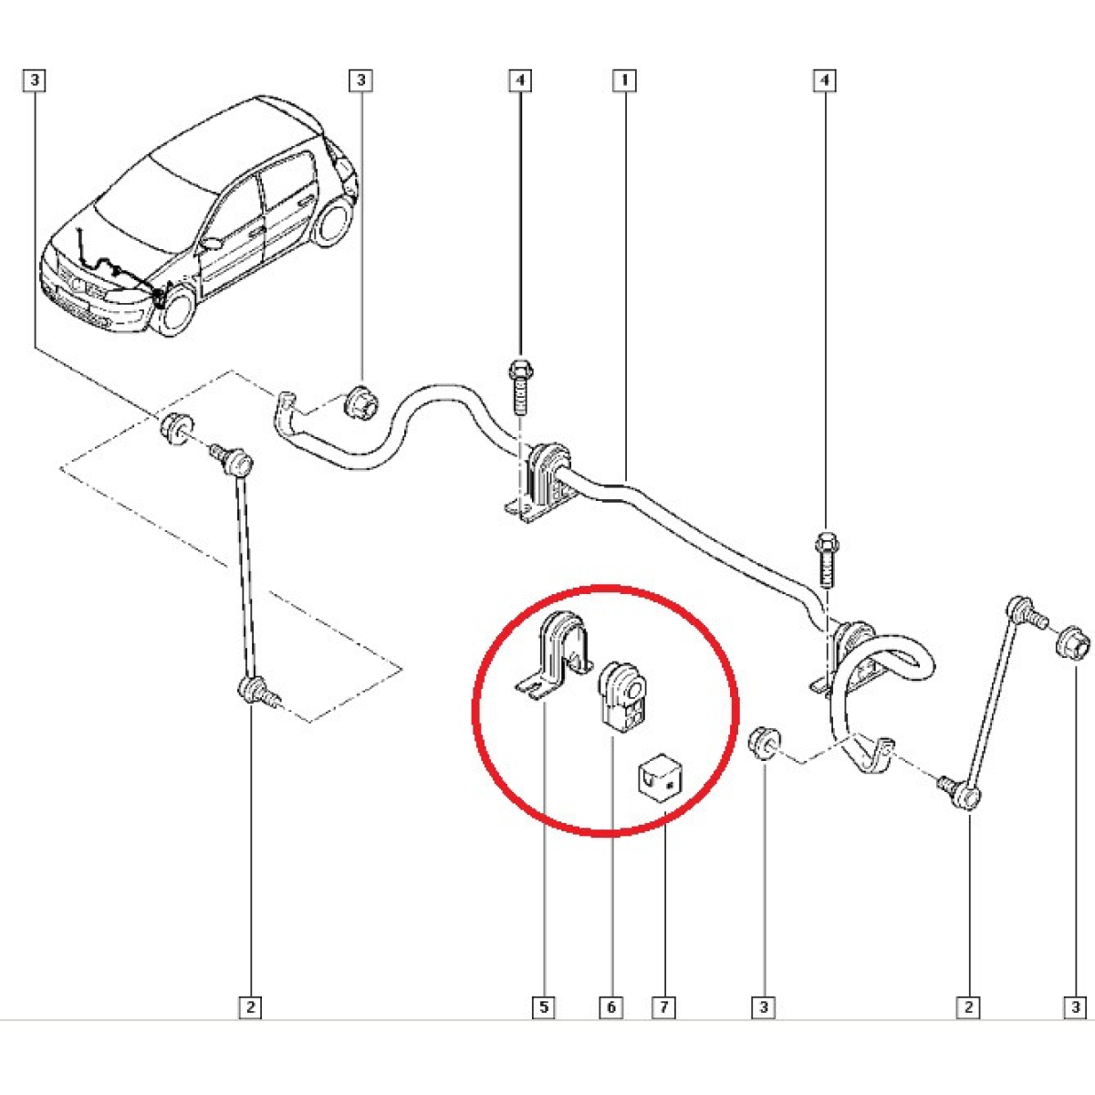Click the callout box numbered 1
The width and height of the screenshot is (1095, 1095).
[624, 80]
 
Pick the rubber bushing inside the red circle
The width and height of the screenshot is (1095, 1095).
[623, 697]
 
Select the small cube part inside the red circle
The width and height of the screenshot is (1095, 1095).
[660, 778]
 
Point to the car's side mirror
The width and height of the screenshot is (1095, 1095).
[213, 244]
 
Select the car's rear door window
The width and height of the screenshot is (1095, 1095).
[286, 183]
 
